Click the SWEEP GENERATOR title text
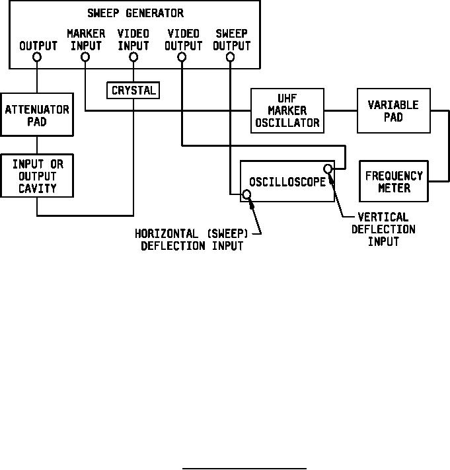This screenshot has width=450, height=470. (x=135, y=13)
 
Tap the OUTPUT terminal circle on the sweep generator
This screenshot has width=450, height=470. (x=37, y=58)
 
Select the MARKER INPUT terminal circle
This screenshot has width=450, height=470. (x=85, y=58)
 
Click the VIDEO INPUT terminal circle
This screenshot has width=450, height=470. (x=133, y=58)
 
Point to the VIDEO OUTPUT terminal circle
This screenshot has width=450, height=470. (x=182, y=58)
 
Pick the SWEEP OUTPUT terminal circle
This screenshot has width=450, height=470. (x=231, y=58)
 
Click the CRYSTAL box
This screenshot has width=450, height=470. (x=133, y=90)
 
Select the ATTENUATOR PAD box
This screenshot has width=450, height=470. (x=37, y=115)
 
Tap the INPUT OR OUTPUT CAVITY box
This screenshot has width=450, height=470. (x=37, y=175)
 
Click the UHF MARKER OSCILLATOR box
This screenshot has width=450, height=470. (x=287, y=110)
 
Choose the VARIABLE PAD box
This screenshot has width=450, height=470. (x=393, y=110)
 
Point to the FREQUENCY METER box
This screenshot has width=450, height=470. (x=393, y=182)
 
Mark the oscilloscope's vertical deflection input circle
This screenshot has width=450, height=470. (x=328, y=169)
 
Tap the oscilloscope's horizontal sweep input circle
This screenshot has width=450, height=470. (x=246, y=194)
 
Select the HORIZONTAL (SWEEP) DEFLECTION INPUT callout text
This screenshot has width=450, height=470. (x=192, y=241)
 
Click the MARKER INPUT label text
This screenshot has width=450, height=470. (x=85, y=40)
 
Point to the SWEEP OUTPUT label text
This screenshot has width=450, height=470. (x=231, y=40)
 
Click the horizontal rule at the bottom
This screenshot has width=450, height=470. (x=244, y=468)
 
